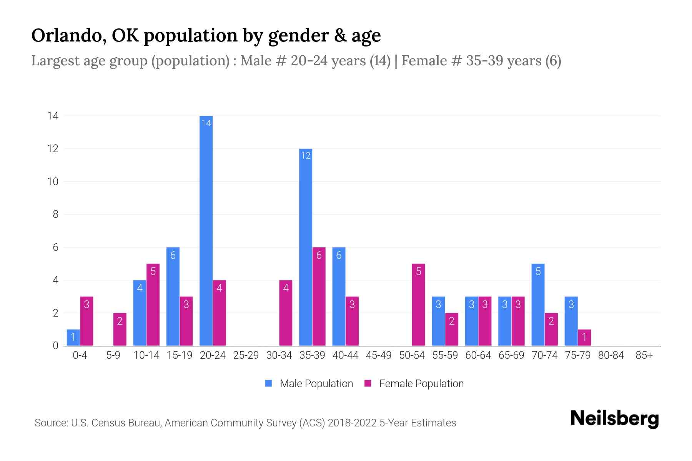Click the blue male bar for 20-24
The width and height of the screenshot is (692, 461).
pos(206,230)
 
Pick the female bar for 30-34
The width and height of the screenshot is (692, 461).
pos(286,313)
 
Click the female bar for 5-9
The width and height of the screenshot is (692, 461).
pos(120,329)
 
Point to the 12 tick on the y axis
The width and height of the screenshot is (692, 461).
pos(53,149)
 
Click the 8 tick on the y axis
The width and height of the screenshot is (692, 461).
pos(55,214)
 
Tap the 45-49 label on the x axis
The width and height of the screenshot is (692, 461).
pos(378,355)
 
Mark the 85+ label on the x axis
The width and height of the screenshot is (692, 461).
pos(644,355)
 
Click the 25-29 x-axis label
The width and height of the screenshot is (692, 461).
pos(246,355)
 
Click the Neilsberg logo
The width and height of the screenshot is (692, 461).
pos(614,419)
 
